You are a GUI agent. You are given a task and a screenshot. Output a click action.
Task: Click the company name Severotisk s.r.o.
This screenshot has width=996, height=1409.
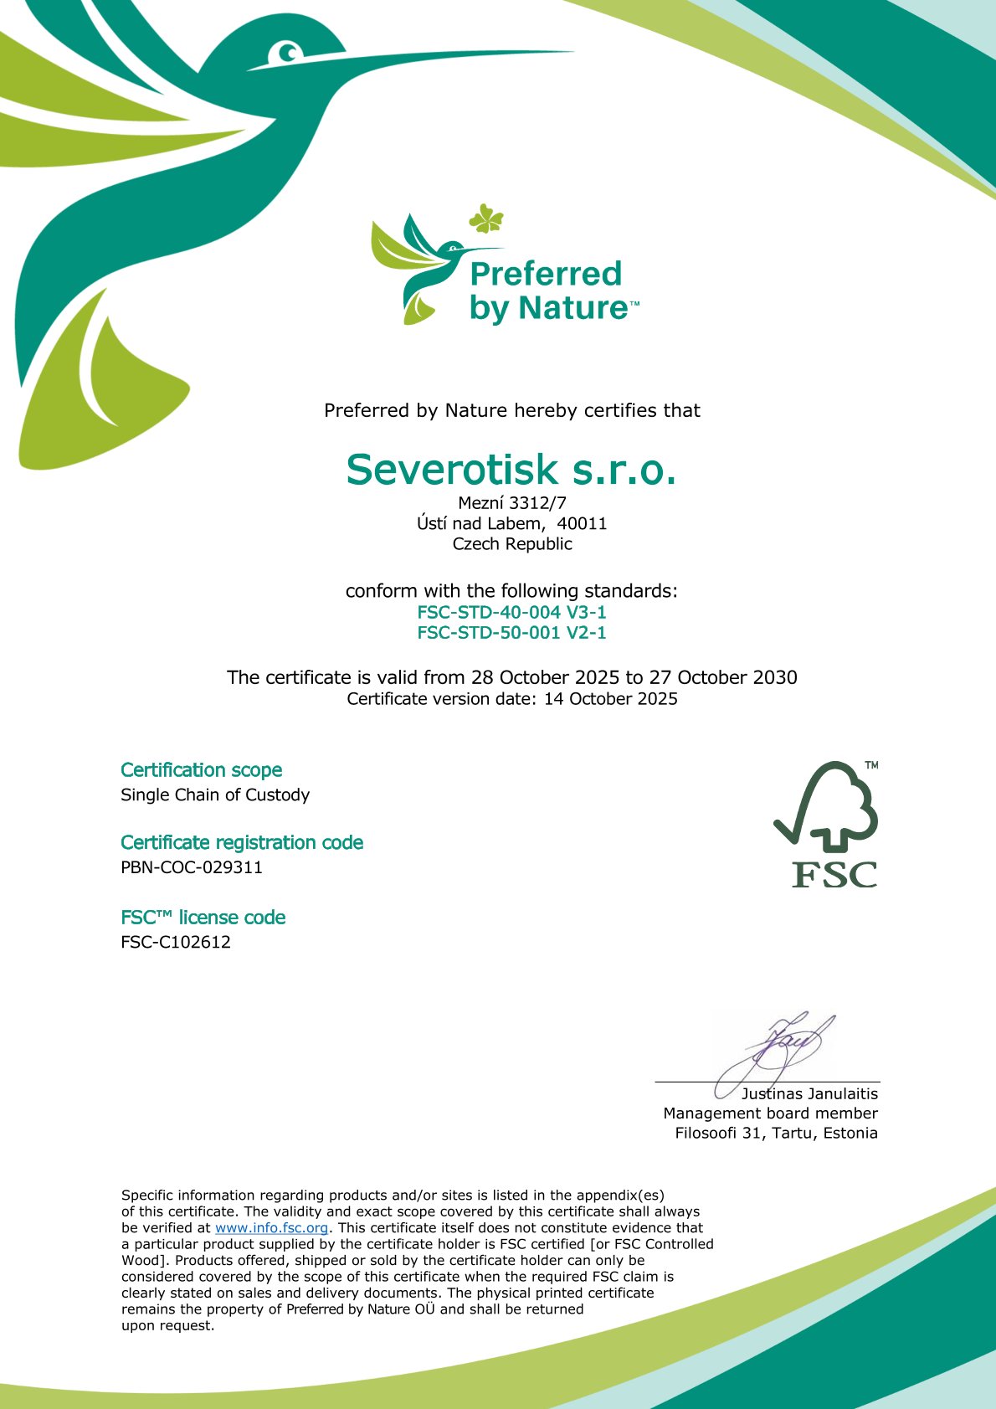pyautogui.click(x=511, y=470)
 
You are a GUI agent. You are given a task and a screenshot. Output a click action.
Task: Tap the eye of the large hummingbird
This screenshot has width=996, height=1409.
pyautogui.click(x=288, y=54)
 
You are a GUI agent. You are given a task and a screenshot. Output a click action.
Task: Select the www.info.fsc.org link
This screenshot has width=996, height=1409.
pyautogui.click(x=271, y=1228)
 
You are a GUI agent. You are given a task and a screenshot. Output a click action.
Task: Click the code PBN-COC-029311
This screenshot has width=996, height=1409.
pyautogui.click(x=192, y=867)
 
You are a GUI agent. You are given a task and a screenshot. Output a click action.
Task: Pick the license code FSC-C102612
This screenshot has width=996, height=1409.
pyautogui.click(x=176, y=942)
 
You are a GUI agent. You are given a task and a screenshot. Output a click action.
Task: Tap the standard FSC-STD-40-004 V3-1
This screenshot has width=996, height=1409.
pyautogui.click(x=511, y=612)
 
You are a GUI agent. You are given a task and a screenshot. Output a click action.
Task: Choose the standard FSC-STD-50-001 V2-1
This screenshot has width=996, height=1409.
pyautogui.click(x=511, y=633)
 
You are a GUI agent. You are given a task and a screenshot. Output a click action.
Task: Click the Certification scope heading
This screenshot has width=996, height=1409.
pyautogui.click(x=201, y=770)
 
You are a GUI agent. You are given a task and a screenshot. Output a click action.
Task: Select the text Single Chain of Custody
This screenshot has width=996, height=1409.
pyautogui.click(x=215, y=794)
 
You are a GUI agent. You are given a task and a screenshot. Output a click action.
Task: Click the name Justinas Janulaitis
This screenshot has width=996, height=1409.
pyautogui.click(x=809, y=1094)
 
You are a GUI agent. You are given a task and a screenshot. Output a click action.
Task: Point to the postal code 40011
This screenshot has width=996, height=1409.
pyautogui.click(x=583, y=524)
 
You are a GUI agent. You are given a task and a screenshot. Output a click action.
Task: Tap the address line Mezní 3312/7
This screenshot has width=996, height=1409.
pyautogui.click(x=511, y=503)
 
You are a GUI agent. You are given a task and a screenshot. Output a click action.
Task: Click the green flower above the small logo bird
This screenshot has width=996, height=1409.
pyautogui.click(x=486, y=219)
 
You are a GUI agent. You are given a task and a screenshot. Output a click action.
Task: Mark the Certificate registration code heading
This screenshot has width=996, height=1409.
pyautogui.click(x=242, y=842)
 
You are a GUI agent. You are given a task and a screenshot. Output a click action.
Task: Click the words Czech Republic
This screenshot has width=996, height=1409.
pyautogui.click(x=512, y=544)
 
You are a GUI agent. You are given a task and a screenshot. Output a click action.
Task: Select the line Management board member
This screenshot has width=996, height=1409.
pyautogui.click(x=770, y=1113)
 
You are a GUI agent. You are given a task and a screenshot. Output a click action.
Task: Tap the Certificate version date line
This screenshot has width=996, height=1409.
pyautogui.click(x=511, y=699)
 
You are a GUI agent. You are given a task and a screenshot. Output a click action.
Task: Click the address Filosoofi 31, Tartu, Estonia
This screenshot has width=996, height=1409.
pyautogui.click(x=776, y=1134)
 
